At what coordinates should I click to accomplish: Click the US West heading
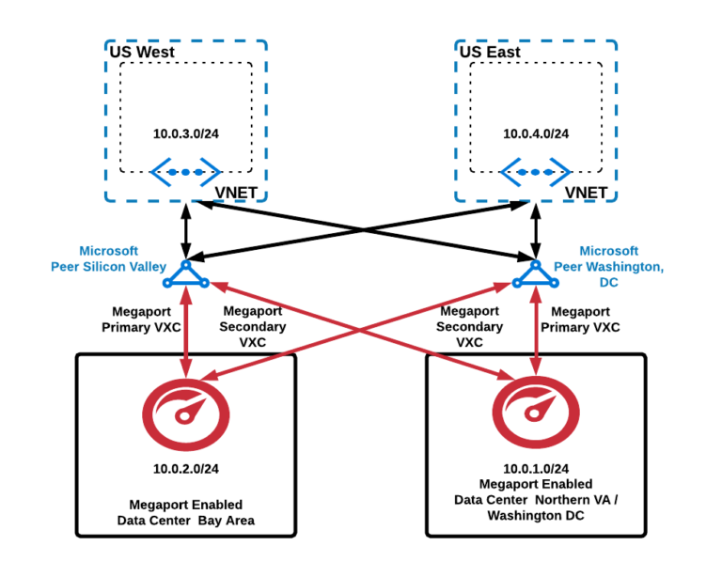tap(142, 53)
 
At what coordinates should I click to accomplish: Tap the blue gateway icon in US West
tap(186, 172)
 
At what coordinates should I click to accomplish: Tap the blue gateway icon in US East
tap(535, 172)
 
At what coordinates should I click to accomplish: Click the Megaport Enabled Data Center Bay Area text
tap(186, 512)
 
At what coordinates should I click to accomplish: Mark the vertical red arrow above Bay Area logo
tap(186, 334)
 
